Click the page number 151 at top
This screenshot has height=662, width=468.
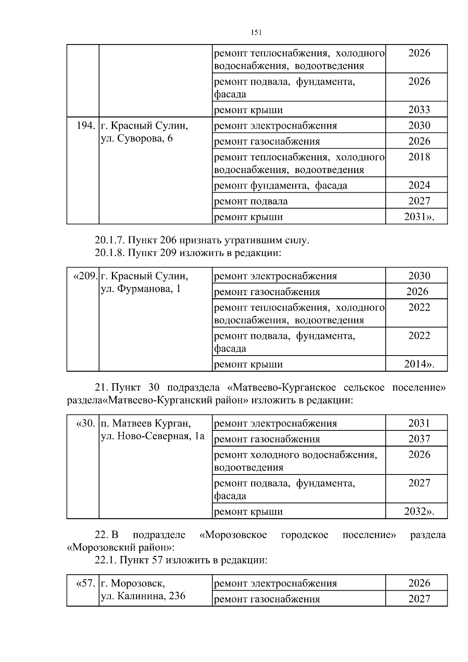pyautogui.click(x=255, y=33)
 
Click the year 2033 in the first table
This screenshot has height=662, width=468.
pyautogui.click(x=419, y=110)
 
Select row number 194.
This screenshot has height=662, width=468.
pyautogui.click(x=86, y=126)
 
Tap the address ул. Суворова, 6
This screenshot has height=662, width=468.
pyautogui.click(x=136, y=138)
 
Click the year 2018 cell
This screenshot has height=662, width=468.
pyautogui.click(x=419, y=157)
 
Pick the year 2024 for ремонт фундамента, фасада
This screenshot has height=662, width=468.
pyautogui.click(x=419, y=185)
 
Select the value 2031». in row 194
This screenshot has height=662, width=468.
pyautogui.click(x=419, y=217)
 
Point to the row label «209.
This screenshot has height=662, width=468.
pyautogui.click(x=85, y=276)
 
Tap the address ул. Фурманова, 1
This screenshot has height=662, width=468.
pyautogui.click(x=140, y=289)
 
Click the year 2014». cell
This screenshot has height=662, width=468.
pyautogui.click(x=419, y=364)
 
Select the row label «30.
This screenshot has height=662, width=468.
pyautogui.click(x=85, y=423)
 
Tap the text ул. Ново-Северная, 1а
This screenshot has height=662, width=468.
pyautogui.click(x=152, y=436)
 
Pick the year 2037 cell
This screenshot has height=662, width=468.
pyautogui.click(x=419, y=439)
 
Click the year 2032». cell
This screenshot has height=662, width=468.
pyautogui.click(x=419, y=511)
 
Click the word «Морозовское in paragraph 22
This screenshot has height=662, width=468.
pyautogui.click(x=233, y=535)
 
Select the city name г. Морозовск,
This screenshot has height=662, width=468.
pyautogui.click(x=133, y=583)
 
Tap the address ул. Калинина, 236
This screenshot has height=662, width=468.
pyautogui.click(x=143, y=596)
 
